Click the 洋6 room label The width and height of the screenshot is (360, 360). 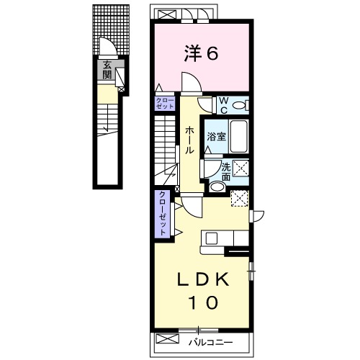201,53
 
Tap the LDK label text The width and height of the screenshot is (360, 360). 203,280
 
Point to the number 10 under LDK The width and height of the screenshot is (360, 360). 203,302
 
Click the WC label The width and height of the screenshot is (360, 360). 224,105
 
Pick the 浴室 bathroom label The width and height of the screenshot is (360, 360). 217,137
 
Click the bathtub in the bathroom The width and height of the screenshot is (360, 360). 238,136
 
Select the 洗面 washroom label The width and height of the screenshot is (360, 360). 226,171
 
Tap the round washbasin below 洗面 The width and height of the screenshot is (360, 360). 217,187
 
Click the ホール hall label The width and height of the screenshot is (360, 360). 189,140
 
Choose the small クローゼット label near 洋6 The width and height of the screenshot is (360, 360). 165,104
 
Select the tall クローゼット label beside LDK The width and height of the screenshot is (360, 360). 163,213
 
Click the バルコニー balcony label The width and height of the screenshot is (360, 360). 210,342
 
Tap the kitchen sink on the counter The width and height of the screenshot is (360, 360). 212,238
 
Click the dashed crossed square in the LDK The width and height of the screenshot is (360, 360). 239,198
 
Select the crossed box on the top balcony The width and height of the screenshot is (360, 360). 167,14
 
